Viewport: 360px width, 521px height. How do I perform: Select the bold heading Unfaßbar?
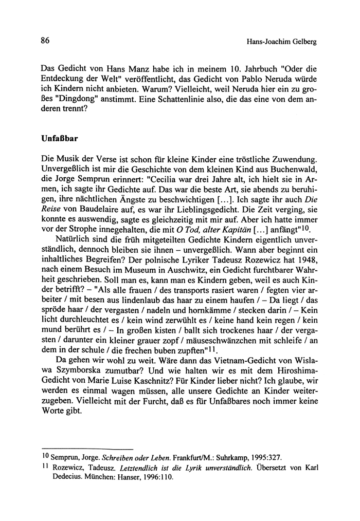(59, 139)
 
